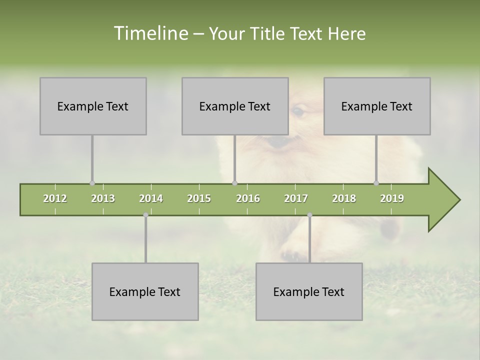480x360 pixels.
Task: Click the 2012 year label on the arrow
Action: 55,198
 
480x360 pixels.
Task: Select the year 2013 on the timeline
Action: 103,198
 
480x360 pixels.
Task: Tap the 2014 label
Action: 151,198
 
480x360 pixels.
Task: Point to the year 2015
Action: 199,198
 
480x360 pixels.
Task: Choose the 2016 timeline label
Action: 248,198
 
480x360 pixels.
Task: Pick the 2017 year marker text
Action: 296,198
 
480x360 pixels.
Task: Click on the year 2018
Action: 344,198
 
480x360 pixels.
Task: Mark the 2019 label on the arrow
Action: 392,198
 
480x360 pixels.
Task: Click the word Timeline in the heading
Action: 150,33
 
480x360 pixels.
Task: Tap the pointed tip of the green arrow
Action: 458,200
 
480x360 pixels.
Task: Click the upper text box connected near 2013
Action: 93,106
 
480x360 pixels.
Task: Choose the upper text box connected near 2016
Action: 235,106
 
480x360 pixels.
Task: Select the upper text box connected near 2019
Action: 377,106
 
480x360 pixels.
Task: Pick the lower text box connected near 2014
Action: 145,291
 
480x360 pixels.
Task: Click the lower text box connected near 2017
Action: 309,291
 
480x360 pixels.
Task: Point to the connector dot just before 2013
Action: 92,183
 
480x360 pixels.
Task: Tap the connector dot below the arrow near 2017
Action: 309,215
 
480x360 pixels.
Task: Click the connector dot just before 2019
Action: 376,183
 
